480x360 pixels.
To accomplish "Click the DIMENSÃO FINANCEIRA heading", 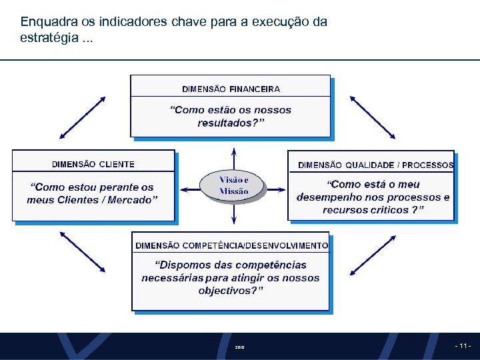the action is (x=231, y=89).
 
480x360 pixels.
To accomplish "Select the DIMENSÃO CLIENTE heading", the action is (x=93, y=164).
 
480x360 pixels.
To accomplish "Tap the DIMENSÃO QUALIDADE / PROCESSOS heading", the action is (x=375, y=165).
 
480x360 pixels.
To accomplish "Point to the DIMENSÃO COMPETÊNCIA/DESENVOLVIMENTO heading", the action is (x=231, y=245).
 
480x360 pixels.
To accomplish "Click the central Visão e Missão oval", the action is (x=233, y=185).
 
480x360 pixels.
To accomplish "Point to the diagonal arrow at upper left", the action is (x=83, y=117).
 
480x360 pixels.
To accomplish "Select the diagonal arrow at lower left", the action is (x=83, y=251).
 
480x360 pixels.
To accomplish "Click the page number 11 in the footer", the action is (x=463, y=346).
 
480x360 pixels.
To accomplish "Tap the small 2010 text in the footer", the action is (x=240, y=347).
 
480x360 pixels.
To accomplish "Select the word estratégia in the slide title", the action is (x=49, y=37).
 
